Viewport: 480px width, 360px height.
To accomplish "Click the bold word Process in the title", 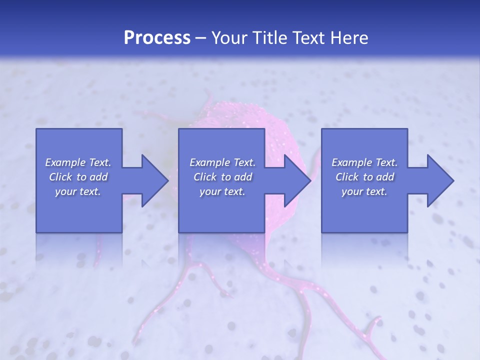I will point(157,38).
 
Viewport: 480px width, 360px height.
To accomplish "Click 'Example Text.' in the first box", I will point(78,162).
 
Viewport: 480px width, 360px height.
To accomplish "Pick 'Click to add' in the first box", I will point(78,177).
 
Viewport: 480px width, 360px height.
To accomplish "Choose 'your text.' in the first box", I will point(78,191).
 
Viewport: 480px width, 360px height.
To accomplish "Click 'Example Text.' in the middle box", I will point(222,162).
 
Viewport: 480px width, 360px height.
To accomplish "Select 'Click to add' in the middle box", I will point(222,177).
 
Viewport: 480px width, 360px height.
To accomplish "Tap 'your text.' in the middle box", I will point(222,191).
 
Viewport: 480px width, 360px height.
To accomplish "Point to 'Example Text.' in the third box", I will point(364,162).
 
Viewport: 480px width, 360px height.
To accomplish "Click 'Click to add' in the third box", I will point(364,177).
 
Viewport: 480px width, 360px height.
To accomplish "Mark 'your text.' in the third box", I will point(364,191).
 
